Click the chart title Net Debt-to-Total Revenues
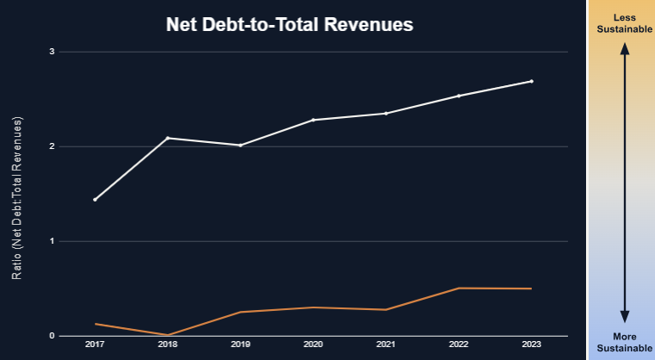(290, 25)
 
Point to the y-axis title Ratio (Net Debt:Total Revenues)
(17, 197)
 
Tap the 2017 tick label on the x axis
(95, 344)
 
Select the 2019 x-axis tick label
(240, 344)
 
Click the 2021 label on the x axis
(385, 344)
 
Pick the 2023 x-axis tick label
(531, 344)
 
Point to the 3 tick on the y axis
(52, 52)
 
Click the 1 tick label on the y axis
(52, 241)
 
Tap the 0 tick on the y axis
(52, 336)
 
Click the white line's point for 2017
(95, 200)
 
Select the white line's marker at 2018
(167, 138)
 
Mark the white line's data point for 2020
(313, 120)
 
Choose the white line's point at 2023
(531, 81)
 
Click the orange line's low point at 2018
(167, 334)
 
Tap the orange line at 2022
(458, 288)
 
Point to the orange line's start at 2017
(95, 324)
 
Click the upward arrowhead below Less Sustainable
(625, 50)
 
